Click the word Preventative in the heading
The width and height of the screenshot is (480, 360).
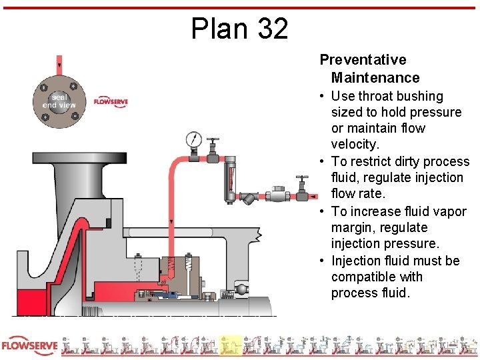[363, 60]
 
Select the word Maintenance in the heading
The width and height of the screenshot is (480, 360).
[375, 78]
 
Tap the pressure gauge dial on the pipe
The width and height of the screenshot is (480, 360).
[194, 140]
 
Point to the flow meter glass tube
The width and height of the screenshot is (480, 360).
[231, 174]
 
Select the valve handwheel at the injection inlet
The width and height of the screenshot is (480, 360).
[303, 180]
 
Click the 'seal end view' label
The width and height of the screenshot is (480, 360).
[59, 101]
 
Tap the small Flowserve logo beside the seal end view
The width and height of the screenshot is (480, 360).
[110, 101]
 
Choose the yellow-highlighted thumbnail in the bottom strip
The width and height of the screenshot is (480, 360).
[231, 346]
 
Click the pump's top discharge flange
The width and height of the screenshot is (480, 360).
[67, 159]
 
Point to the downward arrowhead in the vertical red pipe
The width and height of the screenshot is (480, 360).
[171, 221]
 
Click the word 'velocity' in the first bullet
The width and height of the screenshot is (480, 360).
[355, 144]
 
